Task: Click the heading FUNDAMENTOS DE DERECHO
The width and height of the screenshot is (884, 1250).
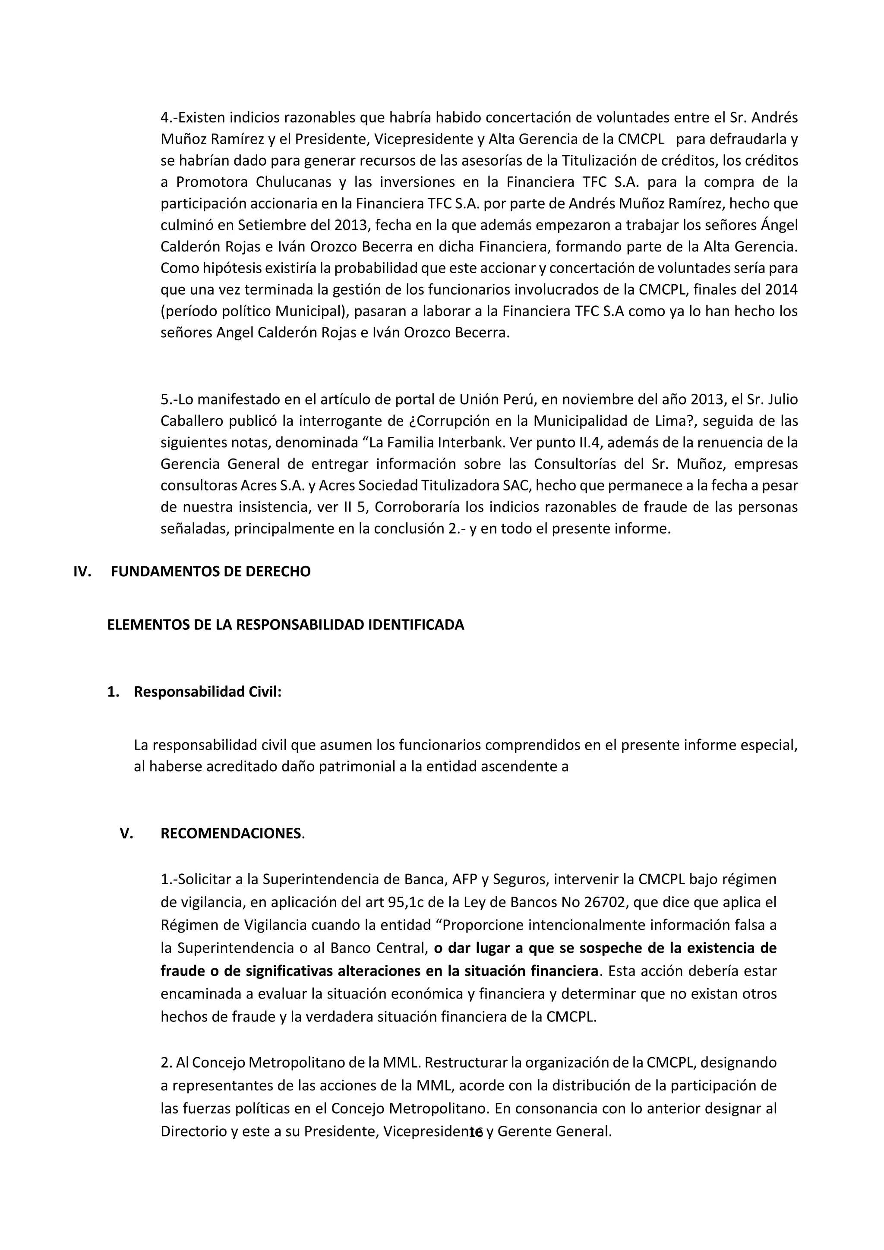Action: [x=210, y=572]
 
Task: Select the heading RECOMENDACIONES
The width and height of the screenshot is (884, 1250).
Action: [x=231, y=849]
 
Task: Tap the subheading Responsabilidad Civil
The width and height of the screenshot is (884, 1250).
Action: [x=208, y=692]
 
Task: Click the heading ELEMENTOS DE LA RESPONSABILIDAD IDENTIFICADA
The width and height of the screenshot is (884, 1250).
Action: [x=285, y=625]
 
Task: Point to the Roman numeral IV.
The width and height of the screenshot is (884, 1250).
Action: [x=82, y=572]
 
